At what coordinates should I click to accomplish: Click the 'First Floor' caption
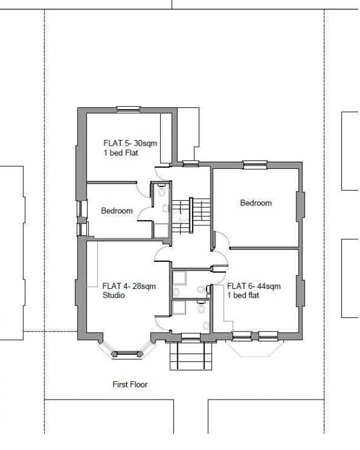click(x=130, y=384)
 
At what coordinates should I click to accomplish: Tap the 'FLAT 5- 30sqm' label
click(x=130, y=143)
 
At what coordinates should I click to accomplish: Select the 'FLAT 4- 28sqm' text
click(x=129, y=286)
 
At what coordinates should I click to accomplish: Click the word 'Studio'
click(x=114, y=296)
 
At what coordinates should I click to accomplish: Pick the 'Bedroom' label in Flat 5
click(x=117, y=211)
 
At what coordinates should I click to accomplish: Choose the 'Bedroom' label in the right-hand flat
click(x=256, y=203)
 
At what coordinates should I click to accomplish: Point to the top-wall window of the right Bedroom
click(x=254, y=163)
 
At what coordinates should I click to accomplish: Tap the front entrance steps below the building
click(x=186, y=356)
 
